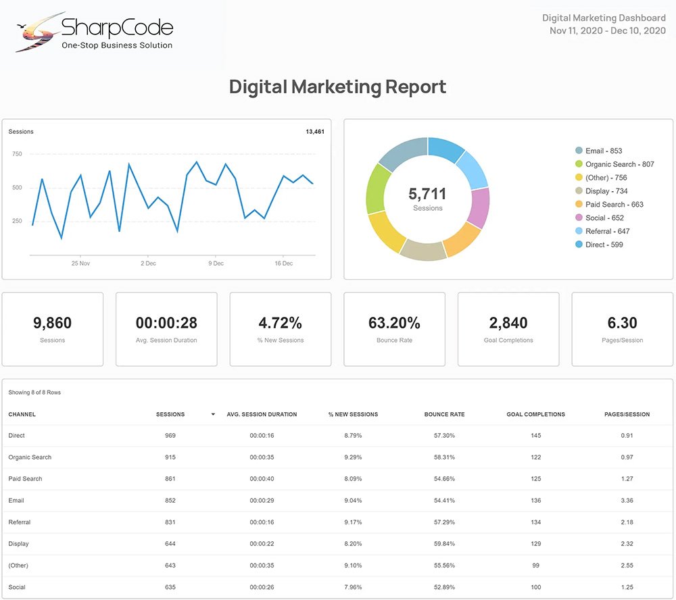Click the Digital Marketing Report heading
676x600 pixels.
tap(337, 87)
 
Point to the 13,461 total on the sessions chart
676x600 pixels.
tap(314, 132)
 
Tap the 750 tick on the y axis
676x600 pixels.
tap(17, 154)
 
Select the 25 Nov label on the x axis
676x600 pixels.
tap(80, 264)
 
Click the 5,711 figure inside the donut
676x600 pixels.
tap(427, 194)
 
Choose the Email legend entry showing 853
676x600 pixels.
tap(604, 151)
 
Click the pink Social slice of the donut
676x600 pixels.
tap(479, 208)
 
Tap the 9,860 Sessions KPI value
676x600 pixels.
tap(52, 323)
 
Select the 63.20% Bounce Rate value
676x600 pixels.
tap(394, 323)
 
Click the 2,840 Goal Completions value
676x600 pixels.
tap(508, 323)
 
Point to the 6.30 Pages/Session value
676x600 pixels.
tap(622, 323)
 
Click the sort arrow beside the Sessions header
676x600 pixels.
tap(213, 414)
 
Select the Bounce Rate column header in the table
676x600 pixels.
tap(444, 414)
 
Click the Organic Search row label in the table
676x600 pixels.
tap(30, 457)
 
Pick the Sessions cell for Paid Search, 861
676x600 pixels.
tap(170, 479)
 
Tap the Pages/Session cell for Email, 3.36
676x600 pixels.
tap(627, 501)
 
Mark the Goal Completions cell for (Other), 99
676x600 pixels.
tap(535, 566)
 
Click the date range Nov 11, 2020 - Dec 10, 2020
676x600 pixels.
tap(607, 30)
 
